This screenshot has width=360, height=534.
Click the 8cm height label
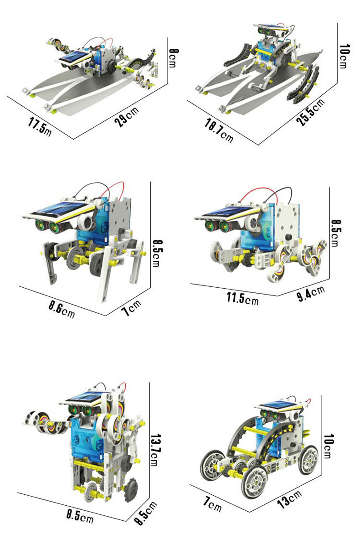[173, 58]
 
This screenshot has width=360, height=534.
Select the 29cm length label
[127, 116]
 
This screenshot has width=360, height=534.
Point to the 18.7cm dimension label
[219, 130]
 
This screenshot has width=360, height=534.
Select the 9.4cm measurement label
[311, 294]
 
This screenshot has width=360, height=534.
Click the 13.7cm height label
[155, 450]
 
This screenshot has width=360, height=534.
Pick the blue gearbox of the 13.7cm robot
[88, 439]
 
